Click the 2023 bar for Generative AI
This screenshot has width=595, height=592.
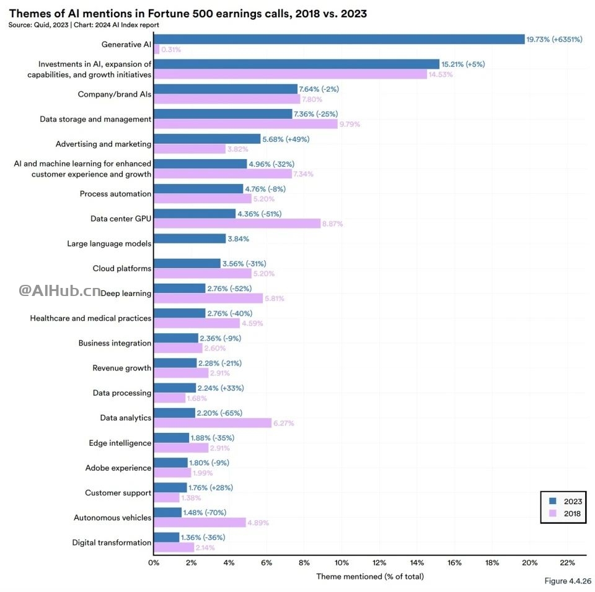click(338, 39)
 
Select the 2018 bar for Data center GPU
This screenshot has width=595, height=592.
click(237, 224)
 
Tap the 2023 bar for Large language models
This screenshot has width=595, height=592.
click(189, 238)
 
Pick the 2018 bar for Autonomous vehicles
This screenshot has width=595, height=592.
click(200, 522)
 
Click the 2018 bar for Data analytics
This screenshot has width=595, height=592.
click(212, 423)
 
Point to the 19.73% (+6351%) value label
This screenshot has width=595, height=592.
click(554, 39)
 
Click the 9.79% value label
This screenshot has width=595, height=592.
click(350, 124)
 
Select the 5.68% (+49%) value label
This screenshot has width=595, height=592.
click(286, 139)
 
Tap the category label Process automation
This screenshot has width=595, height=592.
click(115, 194)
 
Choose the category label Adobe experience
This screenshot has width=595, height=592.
click(118, 468)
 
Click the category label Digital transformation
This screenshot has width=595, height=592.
click(112, 542)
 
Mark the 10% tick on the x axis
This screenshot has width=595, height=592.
click(342, 563)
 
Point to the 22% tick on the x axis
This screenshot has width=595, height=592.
click(567, 563)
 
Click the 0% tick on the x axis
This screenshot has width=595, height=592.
click(154, 563)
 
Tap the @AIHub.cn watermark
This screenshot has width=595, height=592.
click(59, 290)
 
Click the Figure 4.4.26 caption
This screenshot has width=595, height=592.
click(567, 581)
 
